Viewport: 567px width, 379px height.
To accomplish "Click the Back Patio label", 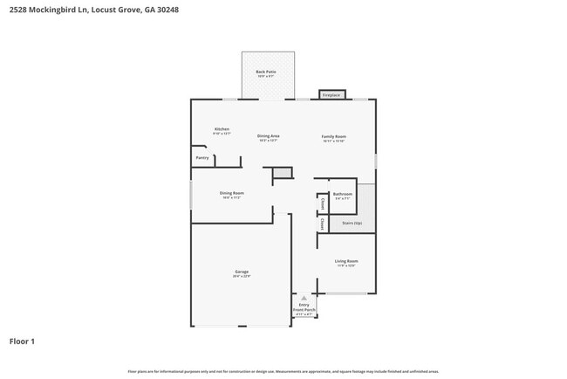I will coord(267,72).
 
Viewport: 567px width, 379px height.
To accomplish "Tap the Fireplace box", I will coord(331,94).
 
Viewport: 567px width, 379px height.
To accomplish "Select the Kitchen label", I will coord(222,129).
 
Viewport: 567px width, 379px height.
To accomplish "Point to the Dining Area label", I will coord(268,136).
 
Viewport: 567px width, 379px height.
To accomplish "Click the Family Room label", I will coord(334,136).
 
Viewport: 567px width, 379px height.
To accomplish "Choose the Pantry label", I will coord(202,158).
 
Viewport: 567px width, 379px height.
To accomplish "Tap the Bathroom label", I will coord(343,194).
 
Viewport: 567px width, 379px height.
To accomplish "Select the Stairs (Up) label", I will coord(352,224).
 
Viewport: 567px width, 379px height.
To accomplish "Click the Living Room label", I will coord(346,261).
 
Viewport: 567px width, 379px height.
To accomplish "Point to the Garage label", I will coord(242,272).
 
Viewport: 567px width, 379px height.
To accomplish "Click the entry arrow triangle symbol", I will coord(304,298).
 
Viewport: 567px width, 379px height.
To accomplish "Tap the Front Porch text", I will coord(304,310).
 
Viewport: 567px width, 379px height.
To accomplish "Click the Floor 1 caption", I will coord(22,341).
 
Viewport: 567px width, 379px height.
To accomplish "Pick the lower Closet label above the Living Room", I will coord(323,224).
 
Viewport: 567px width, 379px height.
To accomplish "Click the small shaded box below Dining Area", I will coord(282,173).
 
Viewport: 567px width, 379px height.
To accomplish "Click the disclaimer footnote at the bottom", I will coord(283,371).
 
